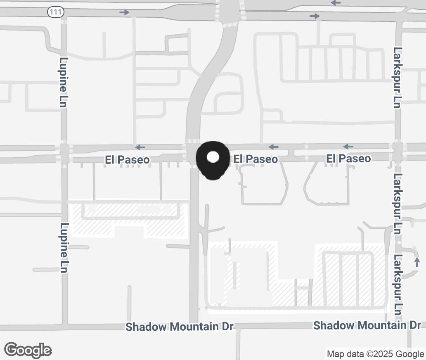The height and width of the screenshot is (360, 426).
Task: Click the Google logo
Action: tap(28, 350)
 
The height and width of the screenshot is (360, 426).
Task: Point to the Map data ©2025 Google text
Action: tap(375, 354)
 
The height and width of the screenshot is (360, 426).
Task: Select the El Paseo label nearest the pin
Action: tap(256, 159)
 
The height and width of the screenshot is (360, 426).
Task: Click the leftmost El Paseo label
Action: tap(127, 160)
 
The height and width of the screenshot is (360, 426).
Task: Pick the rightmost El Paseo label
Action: tap(348, 159)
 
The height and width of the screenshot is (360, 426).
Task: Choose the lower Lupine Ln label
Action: tap(64, 248)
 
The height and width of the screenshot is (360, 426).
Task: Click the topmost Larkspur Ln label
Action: tap(397, 77)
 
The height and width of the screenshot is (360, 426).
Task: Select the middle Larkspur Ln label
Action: tap(397, 204)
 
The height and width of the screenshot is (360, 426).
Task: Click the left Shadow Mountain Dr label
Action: tap(180, 327)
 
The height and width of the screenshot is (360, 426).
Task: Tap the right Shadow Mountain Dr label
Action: tap(367, 325)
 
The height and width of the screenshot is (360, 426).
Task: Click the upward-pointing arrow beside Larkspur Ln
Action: tap(417, 261)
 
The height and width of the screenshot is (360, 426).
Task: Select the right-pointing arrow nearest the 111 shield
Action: tap(124, 12)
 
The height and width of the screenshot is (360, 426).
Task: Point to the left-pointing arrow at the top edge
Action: tap(336, 3)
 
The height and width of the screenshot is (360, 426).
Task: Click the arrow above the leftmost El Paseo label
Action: tap(140, 147)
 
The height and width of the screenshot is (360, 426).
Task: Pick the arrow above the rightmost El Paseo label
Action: tap(348, 147)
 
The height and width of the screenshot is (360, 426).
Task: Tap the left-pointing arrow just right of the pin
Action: tap(273, 147)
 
